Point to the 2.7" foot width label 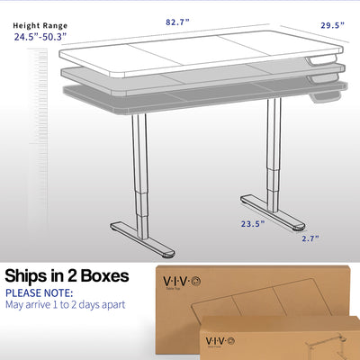pos(310,238)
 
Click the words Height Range pos(40,25)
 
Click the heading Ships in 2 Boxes pos(67,274)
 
